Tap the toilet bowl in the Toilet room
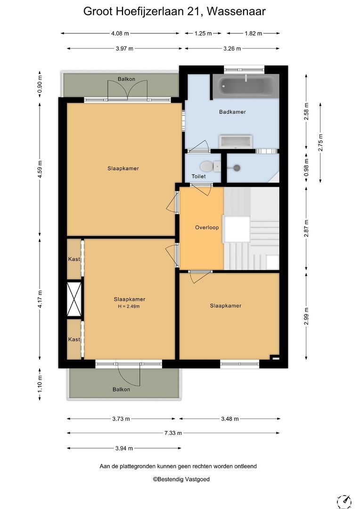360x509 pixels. coord(209,166)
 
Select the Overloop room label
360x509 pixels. coord(207,228)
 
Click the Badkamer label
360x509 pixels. coord(232,112)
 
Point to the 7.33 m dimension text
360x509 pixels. coord(173,433)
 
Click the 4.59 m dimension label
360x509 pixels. coord(40,169)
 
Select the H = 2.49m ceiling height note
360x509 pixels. coord(129,306)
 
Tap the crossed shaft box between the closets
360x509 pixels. coord(74,299)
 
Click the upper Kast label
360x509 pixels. coord(74,259)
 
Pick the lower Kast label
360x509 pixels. coord(74,339)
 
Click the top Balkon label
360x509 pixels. coord(126,79)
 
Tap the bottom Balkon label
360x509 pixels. coord(121,389)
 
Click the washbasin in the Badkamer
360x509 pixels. coord(236,141)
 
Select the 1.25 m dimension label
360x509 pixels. coord(203,33)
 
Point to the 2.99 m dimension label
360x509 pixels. coord(306,316)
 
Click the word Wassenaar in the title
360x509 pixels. coord(237,11)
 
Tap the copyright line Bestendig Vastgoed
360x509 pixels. coord(181,479)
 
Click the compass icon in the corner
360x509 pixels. coord(344,502)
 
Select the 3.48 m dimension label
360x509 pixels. coord(230,419)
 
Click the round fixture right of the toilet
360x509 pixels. coord(237,168)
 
